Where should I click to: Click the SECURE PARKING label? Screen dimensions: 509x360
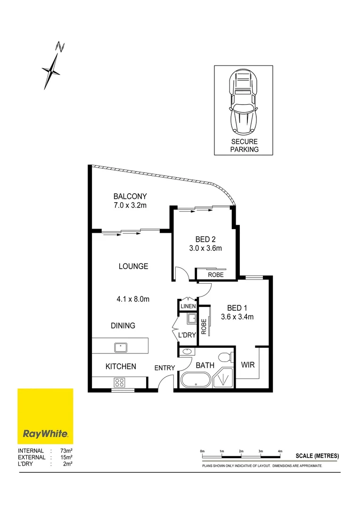click(245, 146)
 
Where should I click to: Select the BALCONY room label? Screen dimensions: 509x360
click(130, 197)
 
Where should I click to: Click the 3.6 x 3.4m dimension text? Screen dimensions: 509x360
click(237, 317)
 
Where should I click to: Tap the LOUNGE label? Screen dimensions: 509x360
click(133, 266)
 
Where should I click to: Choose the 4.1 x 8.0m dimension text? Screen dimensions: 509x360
click(133, 299)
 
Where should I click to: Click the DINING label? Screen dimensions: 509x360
click(123, 326)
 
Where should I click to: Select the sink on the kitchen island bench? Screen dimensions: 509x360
click(121, 348)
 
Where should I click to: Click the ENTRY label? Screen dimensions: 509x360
click(164, 368)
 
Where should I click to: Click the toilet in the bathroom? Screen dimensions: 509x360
click(225, 356)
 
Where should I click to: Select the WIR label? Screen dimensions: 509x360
click(248, 365)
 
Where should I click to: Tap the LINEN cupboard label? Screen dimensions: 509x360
click(188, 307)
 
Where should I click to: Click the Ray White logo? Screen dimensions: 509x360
click(45, 417)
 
